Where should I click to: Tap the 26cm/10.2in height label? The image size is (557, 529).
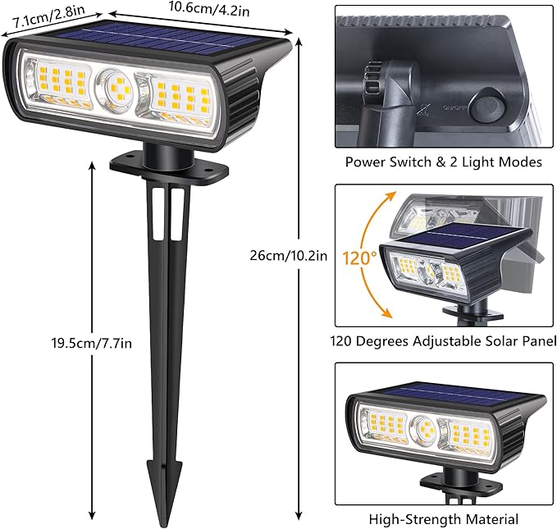(x=288, y=255)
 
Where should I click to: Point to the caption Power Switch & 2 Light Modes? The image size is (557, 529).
(x=443, y=162)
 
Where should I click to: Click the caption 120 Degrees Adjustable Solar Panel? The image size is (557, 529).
(x=443, y=340)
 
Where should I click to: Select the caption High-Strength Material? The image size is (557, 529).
(x=443, y=518)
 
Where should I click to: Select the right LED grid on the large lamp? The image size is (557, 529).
(x=176, y=94)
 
